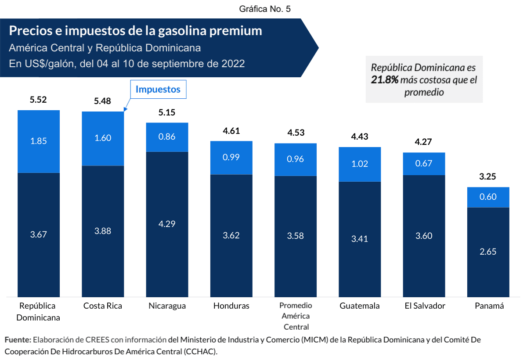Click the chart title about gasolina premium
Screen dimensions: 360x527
[x=136, y=31]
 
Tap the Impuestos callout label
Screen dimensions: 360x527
[x=158, y=89]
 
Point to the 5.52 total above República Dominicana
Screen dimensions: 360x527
[x=38, y=100]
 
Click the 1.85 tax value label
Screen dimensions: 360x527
[x=38, y=141]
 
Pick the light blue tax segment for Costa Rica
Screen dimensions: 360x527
[x=103, y=138]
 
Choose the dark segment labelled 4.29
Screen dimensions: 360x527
[x=167, y=224]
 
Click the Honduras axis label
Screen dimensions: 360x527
[x=231, y=306]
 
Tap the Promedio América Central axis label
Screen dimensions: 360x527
[x=296, y=316]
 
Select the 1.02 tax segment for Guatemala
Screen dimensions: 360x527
[x=360, y=164]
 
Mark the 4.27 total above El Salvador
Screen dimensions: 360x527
[x=424, y=142]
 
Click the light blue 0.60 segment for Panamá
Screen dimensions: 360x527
[x=488, y=197]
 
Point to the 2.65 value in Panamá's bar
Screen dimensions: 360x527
[x=488, y=252]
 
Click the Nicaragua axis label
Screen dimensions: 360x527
[x=167, y=306]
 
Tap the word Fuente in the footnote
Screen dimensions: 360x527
[x=18, y=340]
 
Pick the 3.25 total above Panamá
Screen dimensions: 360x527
[x=488, y=177]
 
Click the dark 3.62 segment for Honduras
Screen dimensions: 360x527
[x=231, y=235]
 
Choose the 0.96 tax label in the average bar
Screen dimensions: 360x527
[x=296, y=159]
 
